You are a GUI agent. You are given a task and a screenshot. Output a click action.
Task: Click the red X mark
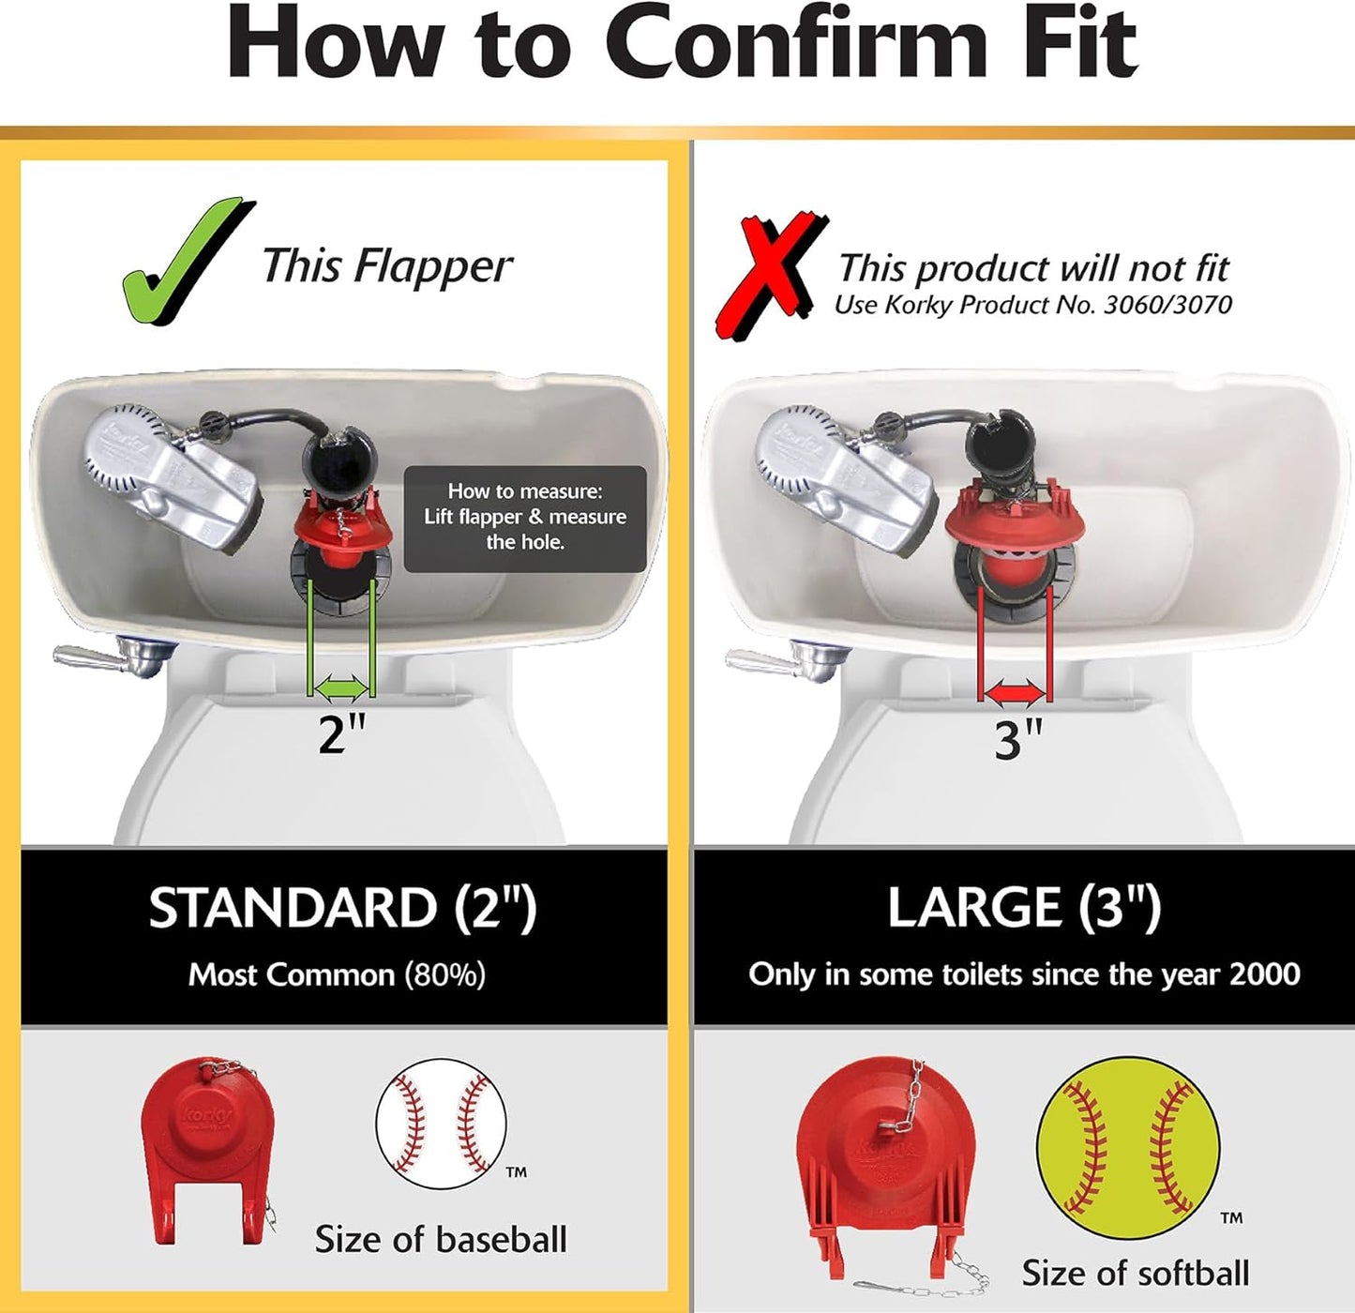[767, 274]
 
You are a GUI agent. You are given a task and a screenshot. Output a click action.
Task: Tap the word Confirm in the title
[795, 43]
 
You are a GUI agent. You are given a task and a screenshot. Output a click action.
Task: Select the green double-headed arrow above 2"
[342, 689]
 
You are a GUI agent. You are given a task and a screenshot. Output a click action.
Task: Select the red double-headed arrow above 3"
[1015, 694]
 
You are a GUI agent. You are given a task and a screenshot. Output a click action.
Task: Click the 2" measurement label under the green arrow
[341, 733]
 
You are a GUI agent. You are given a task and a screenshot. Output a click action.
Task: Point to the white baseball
[441, 1124]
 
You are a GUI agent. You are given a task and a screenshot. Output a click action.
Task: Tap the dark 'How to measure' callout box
[525, 518]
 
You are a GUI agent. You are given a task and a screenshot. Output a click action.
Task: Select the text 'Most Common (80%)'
[338, 975]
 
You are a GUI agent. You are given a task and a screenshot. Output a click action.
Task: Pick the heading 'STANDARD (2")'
[342, 908]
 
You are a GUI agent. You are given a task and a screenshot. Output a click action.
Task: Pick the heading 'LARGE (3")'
[1024, 907]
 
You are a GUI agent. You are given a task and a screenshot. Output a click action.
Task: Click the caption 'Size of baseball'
[441, 1240]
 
